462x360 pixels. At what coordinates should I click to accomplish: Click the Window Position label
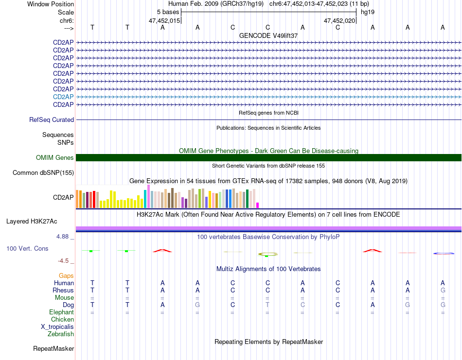(x=51, y=4)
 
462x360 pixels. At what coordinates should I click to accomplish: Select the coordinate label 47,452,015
(x=164, y=20)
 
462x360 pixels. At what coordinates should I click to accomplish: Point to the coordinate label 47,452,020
(x=339, y=20)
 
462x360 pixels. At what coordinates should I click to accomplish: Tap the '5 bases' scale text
(x=168, y=12)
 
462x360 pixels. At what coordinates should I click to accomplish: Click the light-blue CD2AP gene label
(x=63, y=97)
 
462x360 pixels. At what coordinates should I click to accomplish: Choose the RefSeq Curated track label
(x=52, y=120)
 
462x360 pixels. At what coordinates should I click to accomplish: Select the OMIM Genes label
(x=55, y=157)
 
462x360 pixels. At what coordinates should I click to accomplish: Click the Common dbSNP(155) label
(x=43, y=172)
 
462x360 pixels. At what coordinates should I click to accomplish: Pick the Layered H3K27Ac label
(x=32, y=221)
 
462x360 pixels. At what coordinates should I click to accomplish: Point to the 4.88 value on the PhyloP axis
(x=63, y=237)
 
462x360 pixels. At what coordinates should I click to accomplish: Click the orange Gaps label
(x=66, y=275)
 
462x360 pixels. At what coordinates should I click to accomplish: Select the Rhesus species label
(x=63, y=290)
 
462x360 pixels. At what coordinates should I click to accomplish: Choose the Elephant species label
(x=62, y=312)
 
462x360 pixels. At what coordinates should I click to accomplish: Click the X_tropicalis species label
(x=57, y=326)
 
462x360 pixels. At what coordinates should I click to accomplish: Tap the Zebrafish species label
(x=61, y=334)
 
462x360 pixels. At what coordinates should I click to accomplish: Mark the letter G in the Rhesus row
(x=443, y=290)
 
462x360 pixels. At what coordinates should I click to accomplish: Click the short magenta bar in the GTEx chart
(x=258, y=205)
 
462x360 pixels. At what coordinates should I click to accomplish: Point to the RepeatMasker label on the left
(x=53, y=348)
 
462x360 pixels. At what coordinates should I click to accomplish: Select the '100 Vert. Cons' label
(x=27, y=248)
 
